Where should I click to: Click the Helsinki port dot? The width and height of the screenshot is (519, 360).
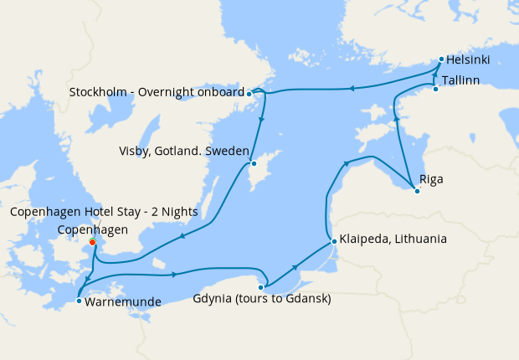tap(441, 59)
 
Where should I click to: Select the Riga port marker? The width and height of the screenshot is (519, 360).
tap(417, 191)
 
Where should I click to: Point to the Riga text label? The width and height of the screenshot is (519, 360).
tap(431, 179)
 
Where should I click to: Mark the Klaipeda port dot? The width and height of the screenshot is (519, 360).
tap(334, 242)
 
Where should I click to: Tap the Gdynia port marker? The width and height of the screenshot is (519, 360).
tap(260, 287)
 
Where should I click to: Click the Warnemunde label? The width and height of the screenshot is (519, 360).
tap(122, 301)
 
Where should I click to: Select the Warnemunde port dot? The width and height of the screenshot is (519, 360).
tap(78, 300)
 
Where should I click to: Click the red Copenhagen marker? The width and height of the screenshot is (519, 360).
tap(92, 244)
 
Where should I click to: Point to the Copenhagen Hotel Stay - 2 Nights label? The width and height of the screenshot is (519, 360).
tap(104, 212)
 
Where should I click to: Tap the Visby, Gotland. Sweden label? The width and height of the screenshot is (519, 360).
tap(183, 152)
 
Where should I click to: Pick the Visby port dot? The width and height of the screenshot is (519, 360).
tap(253, 163)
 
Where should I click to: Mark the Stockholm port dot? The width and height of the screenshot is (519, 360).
tap(249, 94)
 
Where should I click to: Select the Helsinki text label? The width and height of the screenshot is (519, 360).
tap(468, 60)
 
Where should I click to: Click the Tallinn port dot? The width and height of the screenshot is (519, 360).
tap(435, 89)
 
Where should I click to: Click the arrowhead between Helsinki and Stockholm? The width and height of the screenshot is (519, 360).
tap(352, 87)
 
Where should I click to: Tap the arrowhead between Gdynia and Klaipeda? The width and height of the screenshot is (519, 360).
tap(295, 266)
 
